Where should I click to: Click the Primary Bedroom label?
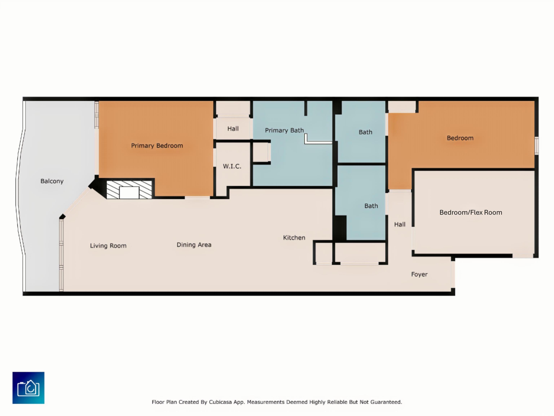(x=157, y=146)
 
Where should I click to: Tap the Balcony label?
(x=52, y=181)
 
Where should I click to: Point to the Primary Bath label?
(x=284, y=130)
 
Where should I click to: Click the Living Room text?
(x=108, y=246)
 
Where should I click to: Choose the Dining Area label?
(x=194, y=245)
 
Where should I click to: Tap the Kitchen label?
(x=294, y=238)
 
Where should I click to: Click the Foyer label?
(x=419, y=274)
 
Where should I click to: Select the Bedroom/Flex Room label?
(x=471, y=212)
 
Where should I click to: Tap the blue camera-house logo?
(x=28, y=388)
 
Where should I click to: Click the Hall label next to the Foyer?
(x=400, y=224)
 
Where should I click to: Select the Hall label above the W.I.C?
(x=233, y=129)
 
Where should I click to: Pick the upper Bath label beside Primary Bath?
(x=365, y=132)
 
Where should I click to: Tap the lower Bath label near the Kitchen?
(x=371, y=206)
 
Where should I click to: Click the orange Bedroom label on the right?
(x=460, y=138)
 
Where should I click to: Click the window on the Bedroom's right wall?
(x=537, y=145)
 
